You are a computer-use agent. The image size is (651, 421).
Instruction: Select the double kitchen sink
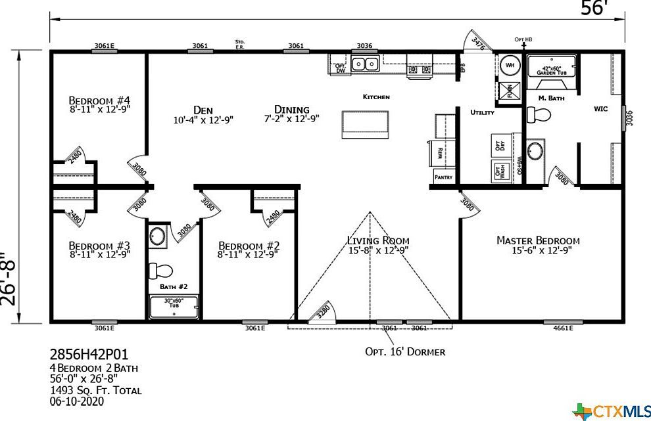point(364,64)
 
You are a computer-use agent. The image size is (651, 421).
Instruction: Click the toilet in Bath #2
point(160,270)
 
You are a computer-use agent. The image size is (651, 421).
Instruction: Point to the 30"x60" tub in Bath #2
point(174,307)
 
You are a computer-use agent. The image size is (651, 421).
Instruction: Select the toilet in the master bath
point(539,114)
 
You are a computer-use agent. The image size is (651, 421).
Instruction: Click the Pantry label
point(443,177)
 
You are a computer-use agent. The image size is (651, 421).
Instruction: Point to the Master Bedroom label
point(538,241)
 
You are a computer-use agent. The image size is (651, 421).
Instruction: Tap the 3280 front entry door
point(324,311)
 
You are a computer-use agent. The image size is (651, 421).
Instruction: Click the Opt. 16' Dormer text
point(405,351)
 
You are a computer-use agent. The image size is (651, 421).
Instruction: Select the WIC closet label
point(600,108)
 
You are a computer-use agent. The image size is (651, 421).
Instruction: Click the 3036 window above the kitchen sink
point(364,46)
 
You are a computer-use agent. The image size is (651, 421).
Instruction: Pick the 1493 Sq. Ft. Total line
point(95,390)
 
